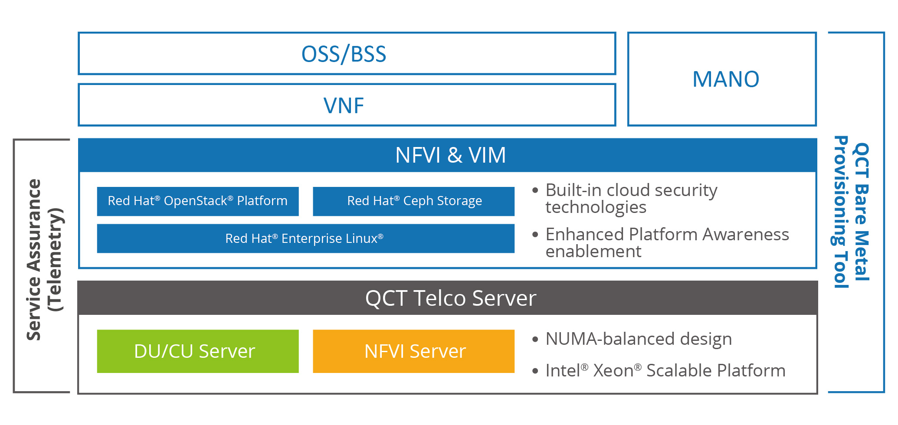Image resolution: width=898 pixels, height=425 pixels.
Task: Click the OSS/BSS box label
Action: [x=344, y=54]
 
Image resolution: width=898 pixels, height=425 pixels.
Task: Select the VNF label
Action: [x=344, y=105]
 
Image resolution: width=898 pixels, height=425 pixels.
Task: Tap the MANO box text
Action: [x=726, y=79]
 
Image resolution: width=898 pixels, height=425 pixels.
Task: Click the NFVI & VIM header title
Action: [x=450, y=155]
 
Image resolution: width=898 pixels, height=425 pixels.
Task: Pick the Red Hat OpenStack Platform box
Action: [x=198, y=201]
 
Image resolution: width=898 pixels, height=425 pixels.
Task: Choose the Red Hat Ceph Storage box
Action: [x=413, y=201]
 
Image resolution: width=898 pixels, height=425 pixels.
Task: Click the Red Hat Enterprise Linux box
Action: [x=306, y=239]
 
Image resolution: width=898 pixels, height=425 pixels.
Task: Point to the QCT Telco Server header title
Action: [x=451, y=298]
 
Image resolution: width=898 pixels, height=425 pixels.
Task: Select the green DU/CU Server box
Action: [x=198, y=351]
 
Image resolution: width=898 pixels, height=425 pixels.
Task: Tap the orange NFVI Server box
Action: [x=413, y=351]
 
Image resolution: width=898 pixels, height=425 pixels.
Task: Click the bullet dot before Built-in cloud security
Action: [x=535, y=190]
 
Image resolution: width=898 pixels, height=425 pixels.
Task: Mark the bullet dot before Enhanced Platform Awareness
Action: [x=535, y=235]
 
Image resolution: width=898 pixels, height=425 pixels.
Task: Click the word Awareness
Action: [x=746, y=234]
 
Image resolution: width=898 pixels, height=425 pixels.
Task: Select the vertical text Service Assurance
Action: [x=34, y=259]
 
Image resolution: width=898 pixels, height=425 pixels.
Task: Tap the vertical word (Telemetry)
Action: [x=56, y=259]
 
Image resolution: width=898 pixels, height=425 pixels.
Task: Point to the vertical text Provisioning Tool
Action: [x=841, y=212]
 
